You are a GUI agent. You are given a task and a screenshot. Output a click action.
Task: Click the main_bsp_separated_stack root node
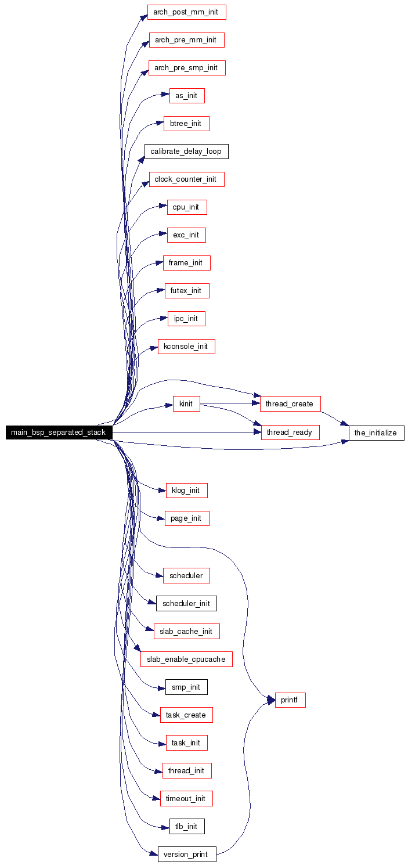coord(59,432)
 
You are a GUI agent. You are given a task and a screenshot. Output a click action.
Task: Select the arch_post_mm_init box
coord(186,12)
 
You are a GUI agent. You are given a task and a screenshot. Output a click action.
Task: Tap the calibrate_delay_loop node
coord(186,152)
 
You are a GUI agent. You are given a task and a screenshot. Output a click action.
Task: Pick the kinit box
coord(186,403)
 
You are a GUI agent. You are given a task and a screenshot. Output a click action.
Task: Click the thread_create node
coord(290,403)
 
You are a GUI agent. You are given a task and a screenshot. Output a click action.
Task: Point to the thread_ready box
coord(290,432)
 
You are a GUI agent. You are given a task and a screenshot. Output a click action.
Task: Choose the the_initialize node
coord(376,432)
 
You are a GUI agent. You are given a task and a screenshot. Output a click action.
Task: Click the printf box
coord(290,700)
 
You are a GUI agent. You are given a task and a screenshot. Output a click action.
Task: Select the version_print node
coord(187,854)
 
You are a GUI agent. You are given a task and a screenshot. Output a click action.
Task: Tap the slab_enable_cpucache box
coord(186,659)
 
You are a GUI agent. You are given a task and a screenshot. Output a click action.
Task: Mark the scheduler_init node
coord(186,604)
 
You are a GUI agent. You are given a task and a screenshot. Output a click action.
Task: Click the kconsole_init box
coord(186,347)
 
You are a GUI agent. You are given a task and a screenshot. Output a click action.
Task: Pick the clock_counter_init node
coord(186,179)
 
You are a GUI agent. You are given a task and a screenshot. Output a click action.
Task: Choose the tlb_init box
coord(187,826)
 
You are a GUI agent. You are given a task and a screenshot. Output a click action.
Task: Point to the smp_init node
coord(186,687)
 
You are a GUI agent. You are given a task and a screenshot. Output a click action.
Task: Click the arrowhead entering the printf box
coord(271,700)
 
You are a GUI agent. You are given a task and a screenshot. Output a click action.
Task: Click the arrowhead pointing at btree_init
coord(160,123)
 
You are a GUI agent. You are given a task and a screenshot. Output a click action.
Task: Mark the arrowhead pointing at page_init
coord(161,518)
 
